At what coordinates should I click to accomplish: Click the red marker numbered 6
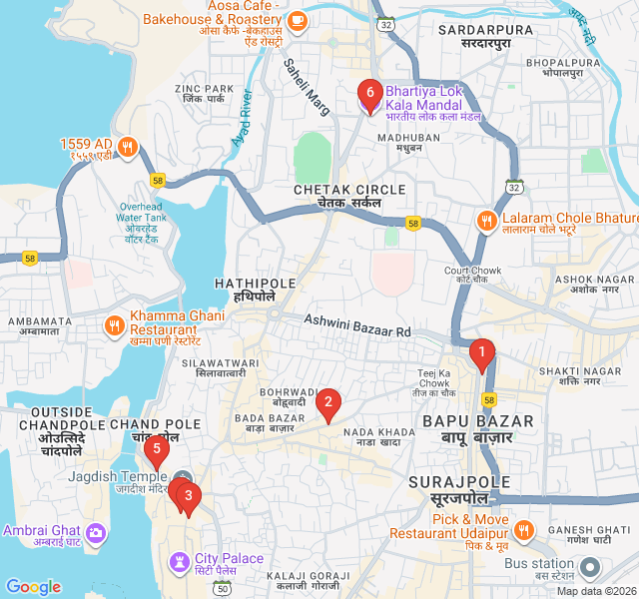[369, 96]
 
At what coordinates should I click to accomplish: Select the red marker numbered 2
[326, 404]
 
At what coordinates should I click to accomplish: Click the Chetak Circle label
[349, 195]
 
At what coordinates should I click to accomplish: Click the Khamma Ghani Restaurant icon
[115, 324]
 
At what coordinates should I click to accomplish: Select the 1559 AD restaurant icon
[127, 148]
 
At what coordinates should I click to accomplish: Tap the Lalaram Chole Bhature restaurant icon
[486, 221]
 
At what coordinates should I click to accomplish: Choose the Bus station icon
[590, 568]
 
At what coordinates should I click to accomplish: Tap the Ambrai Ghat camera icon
[95, 532]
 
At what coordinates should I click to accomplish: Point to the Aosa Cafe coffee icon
[297, 19]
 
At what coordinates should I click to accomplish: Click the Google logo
[33, 587]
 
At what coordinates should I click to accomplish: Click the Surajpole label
[447, 489]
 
